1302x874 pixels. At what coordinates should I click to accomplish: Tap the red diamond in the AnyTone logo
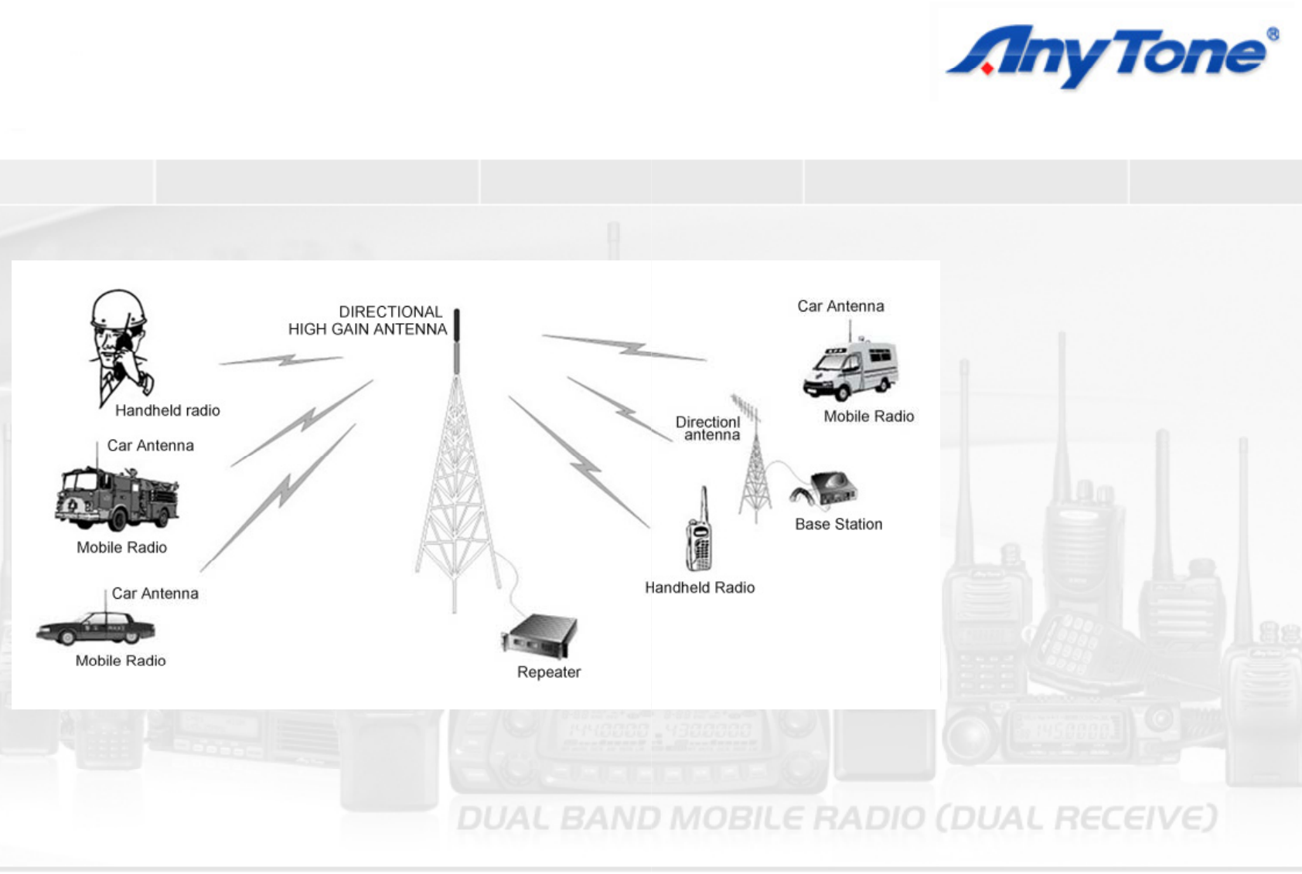click(987, 69)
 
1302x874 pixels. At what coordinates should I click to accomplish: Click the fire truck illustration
click(117, 499)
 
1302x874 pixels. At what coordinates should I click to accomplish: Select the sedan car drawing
click(96, 627)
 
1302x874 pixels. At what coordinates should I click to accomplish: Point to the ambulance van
click(851, 370)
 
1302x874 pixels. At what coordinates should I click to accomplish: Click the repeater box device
click(540, 635)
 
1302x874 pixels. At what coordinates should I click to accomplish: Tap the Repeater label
click(549, 672)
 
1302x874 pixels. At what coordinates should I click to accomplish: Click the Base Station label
click(838, 524)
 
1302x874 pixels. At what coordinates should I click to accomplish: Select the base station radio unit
click(824, 488)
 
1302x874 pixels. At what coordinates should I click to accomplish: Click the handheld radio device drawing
click(699, 530)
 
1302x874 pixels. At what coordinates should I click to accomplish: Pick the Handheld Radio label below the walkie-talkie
click(700, 587)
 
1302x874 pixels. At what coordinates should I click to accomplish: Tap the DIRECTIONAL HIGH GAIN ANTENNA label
click(367, 320)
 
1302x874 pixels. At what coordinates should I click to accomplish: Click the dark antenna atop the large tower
click(457, 341)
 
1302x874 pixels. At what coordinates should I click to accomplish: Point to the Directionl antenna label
click(708, 428)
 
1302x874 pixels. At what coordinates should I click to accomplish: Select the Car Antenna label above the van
click(840, 306)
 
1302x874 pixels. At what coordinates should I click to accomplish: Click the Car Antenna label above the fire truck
click(151, 446)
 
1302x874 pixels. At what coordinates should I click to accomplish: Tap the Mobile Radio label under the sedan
click(121, 661)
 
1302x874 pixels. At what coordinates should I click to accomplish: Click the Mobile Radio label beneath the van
click(869, 416)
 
